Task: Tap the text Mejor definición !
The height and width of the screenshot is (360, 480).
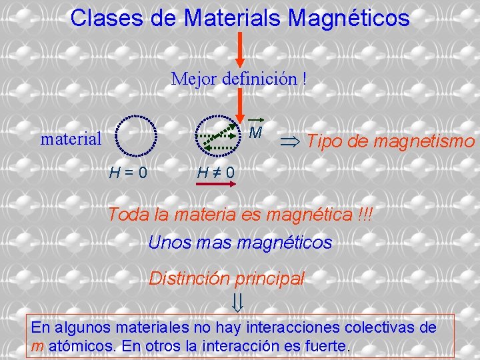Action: tap(239, 79)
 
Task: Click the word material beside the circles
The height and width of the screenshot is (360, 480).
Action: tap(71, 139)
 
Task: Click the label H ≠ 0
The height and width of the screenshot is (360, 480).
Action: tap(215, 173)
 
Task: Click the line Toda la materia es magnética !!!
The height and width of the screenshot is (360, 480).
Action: tap(241, 215)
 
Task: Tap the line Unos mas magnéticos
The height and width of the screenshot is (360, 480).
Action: tap(240, 243)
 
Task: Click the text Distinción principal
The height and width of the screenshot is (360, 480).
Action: tap(226, 278)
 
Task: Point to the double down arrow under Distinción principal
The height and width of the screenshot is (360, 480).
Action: tap(238, 303)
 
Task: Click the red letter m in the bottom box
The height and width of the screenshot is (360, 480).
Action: tap(37, 347)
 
